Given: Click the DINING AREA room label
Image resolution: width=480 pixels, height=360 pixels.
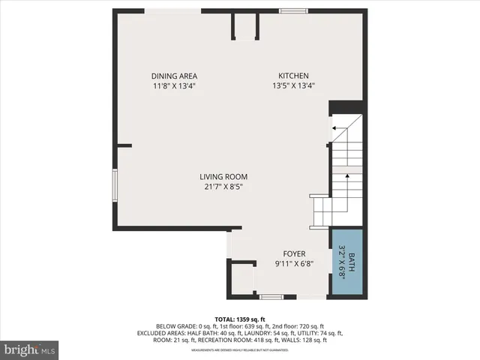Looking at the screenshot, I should [174, 76].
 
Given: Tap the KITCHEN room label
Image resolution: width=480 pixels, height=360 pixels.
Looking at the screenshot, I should [293, 76].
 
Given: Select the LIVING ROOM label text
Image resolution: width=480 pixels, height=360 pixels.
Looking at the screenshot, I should [223, 177].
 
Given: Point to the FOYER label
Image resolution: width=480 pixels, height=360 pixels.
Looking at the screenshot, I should [293, 253].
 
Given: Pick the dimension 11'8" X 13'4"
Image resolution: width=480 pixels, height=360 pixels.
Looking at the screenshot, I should [174, 85].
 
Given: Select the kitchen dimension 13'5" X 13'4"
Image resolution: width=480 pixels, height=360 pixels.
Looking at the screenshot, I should [293, 85].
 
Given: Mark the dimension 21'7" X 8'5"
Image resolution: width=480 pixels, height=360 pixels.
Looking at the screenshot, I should [223, 187].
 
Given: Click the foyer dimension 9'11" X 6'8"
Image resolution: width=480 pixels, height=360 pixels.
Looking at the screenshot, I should [293, 263].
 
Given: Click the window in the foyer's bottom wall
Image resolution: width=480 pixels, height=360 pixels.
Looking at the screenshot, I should [271, 297].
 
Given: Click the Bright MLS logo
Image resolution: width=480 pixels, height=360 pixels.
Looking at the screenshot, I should [30, 349].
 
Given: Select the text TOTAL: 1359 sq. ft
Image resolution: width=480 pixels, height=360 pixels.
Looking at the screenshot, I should [240, 318].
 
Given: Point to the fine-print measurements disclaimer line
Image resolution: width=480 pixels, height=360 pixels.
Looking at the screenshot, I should [240, 350].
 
